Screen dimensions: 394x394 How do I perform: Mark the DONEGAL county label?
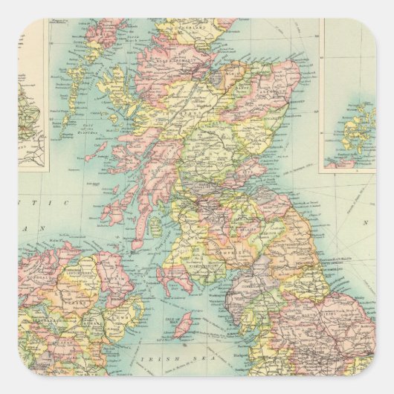37,272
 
